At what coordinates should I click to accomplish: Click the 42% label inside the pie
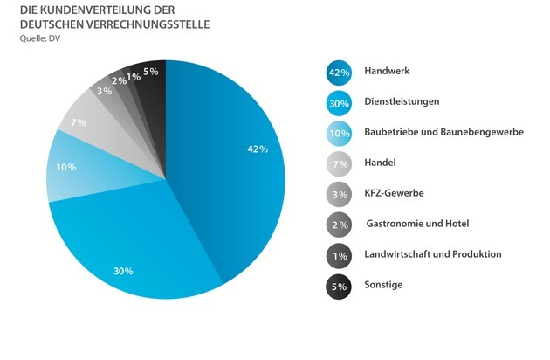[257, 149]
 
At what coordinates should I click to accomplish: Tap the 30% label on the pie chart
[123, 271]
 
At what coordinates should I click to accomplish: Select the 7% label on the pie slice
[78, 122]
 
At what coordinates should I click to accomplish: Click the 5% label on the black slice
[151, 71]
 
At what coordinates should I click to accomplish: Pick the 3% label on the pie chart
[104, 91]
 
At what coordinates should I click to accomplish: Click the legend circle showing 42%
[340, 71]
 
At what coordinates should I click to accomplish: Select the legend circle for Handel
[340, 163]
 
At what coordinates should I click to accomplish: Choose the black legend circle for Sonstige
[340, 285]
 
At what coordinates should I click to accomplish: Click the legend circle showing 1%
[340, 254]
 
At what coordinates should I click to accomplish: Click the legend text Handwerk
[387, 71]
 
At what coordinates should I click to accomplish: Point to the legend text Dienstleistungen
[402, 101]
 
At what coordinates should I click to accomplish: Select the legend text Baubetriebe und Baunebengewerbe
[443, 132]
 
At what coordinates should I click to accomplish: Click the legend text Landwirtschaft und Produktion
[433, 254]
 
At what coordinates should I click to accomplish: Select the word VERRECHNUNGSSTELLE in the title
[141, 24]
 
